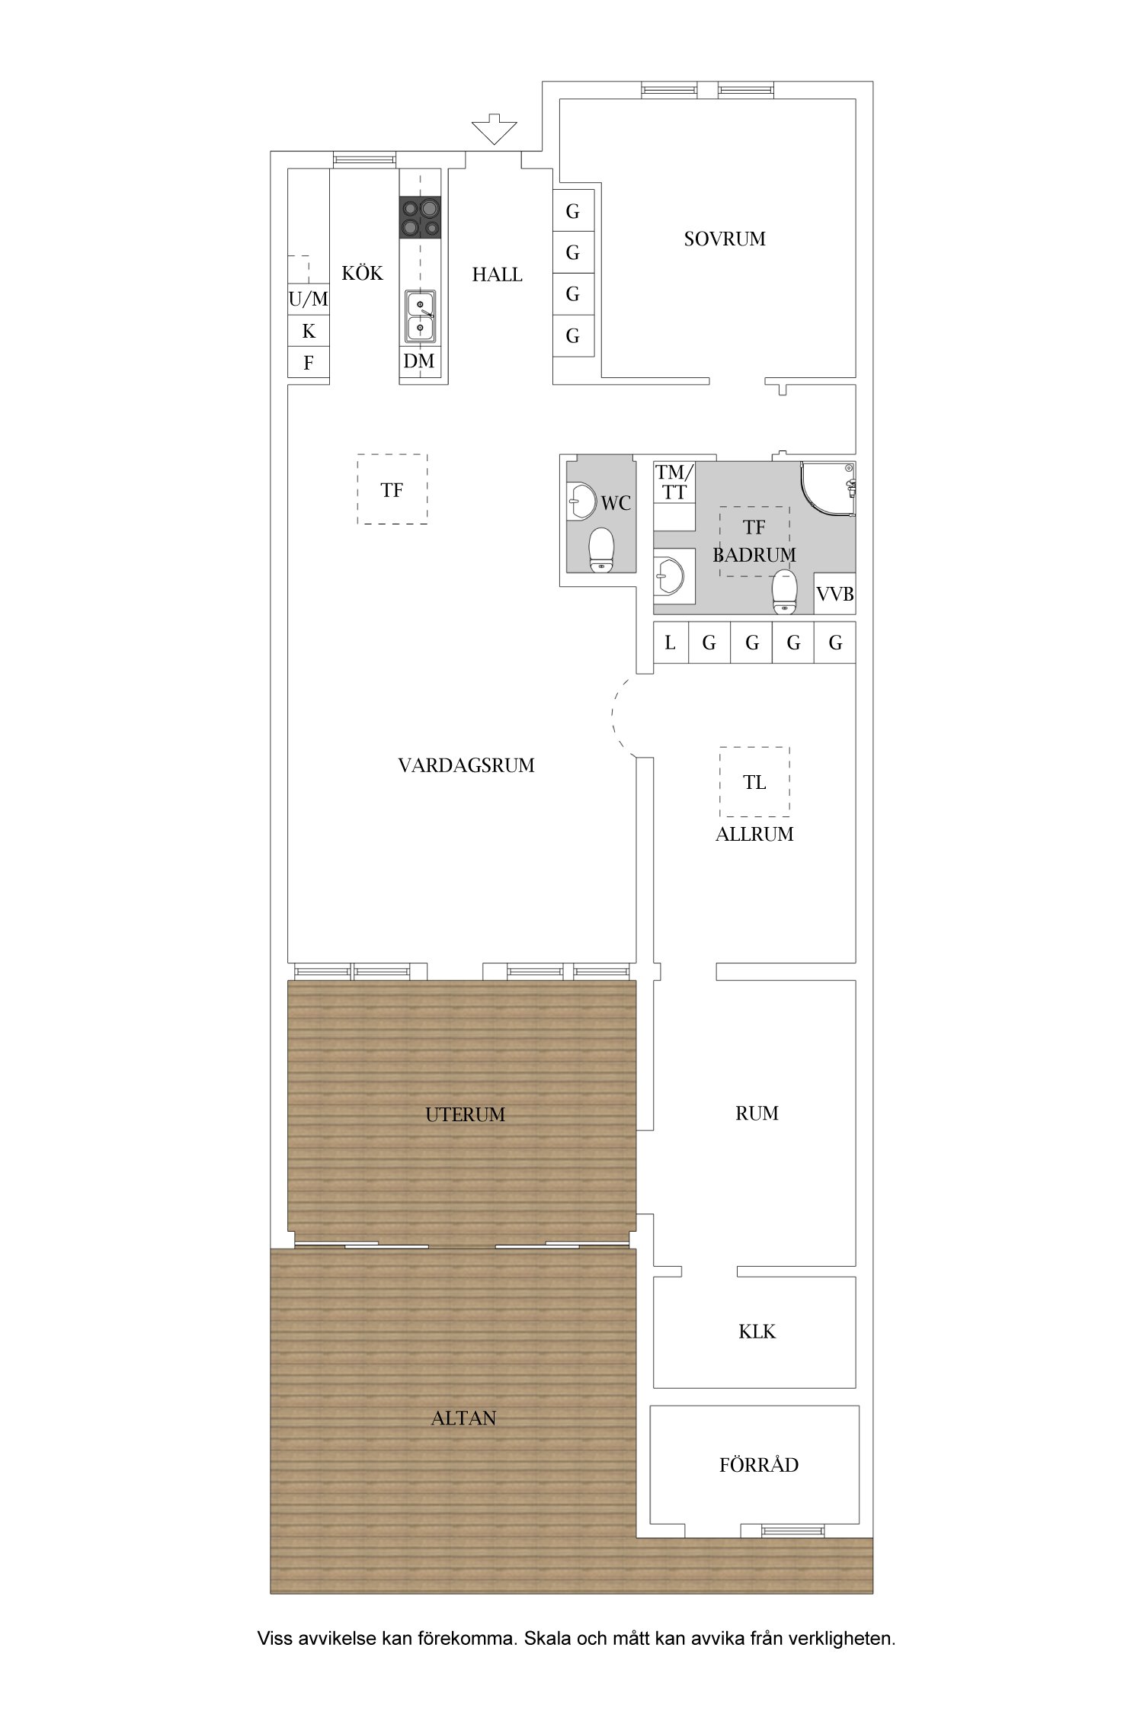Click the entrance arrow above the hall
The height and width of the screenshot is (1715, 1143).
494,129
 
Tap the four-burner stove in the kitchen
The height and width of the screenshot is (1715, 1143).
421,217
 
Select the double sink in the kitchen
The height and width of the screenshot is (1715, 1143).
421,316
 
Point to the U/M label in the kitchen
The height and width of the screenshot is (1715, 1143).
308,300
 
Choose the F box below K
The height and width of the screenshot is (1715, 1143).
308,362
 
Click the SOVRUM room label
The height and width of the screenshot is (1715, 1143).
725,239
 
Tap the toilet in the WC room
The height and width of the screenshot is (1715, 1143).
602,550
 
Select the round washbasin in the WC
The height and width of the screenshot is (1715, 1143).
582,501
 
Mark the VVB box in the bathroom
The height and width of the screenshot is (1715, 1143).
835,594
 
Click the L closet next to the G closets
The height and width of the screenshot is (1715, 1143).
671,643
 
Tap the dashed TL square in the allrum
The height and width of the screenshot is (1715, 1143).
754,782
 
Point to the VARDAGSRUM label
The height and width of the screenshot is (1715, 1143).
466,766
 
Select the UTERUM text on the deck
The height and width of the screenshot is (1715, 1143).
466,1115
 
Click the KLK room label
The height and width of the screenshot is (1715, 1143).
757,1332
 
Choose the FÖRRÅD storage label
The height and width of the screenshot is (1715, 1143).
759,1464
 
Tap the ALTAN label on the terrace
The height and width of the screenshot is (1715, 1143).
464,1418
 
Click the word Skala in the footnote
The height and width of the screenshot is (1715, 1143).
548,1638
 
